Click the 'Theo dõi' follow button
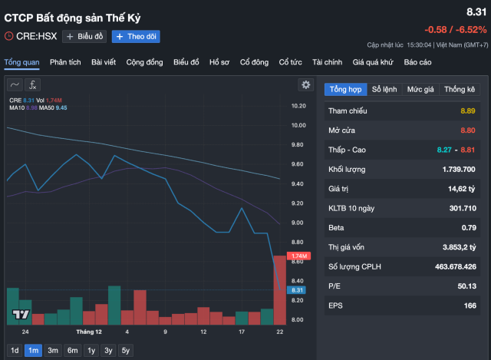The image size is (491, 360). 130,36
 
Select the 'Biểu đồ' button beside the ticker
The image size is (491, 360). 84,36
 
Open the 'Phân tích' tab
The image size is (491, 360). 66,61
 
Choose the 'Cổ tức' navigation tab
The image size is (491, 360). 290,61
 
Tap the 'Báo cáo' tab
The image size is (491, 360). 417,61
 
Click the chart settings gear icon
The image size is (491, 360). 306,84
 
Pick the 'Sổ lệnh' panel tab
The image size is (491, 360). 384,89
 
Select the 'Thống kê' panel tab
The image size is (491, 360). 460,89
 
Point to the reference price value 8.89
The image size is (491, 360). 468,111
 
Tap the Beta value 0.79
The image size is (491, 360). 469,227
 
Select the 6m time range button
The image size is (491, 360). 73,351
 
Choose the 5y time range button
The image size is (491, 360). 126,351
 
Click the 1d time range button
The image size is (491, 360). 15,351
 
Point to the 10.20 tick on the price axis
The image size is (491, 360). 298,105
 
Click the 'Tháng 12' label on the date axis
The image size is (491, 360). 89,332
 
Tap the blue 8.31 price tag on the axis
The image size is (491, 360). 299,291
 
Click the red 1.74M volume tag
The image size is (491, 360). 299,256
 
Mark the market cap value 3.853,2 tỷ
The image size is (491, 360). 459,246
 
